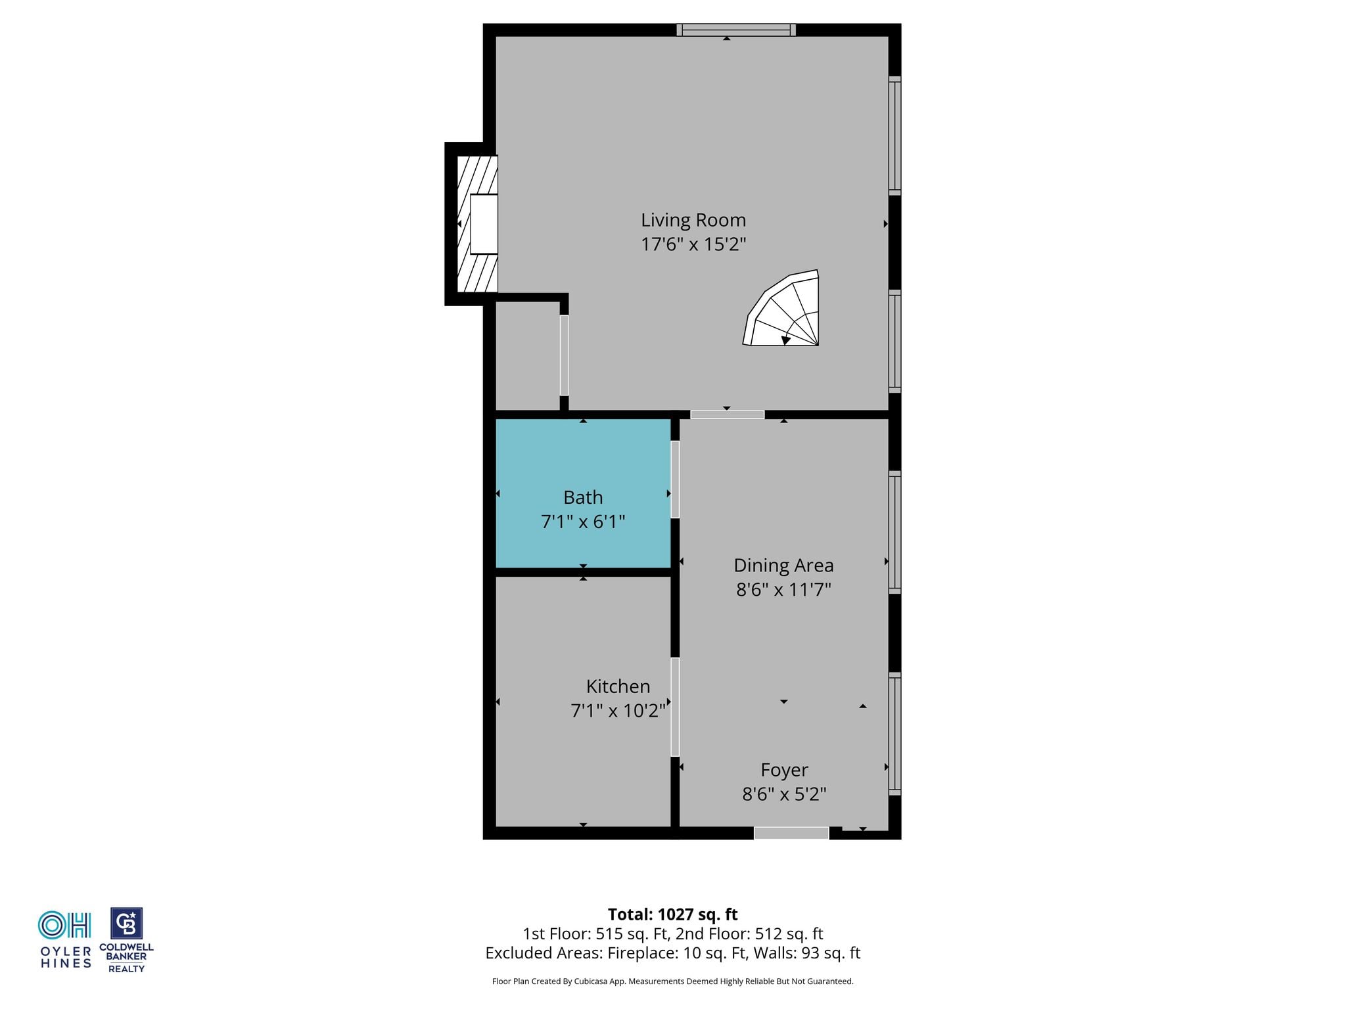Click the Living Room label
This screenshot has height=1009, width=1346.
tap(693, 220)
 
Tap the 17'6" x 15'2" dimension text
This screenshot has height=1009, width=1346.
tap(693, 244)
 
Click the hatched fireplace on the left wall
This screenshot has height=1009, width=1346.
tap(477, 223)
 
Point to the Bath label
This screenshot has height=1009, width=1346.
tap(583, 497)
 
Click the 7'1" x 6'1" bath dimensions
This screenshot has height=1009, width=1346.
tap(583, 522)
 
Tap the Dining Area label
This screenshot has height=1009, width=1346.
tap(783, 566)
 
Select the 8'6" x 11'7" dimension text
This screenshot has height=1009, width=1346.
tap(783, 589)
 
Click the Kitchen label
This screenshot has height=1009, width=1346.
tap(618, 686)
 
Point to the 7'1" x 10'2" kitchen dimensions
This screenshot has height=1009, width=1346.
tap(618, 711)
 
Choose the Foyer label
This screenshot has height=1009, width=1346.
tap(784, 770)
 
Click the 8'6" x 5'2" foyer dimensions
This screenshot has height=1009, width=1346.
tap(784, 794)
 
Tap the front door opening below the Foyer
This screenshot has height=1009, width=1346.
tap(791, 833)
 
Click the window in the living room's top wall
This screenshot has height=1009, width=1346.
tap(736, 30)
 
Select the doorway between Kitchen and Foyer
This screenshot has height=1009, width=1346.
tap(675, 707)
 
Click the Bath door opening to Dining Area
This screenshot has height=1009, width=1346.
tap(675, 479)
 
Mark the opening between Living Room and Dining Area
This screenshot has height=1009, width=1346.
tap(727, 415)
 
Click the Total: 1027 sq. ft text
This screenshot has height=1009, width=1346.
tap(672, 914)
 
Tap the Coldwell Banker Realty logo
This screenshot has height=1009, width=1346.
tap(126, 940)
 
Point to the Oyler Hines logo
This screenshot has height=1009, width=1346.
tap(65, 939)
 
